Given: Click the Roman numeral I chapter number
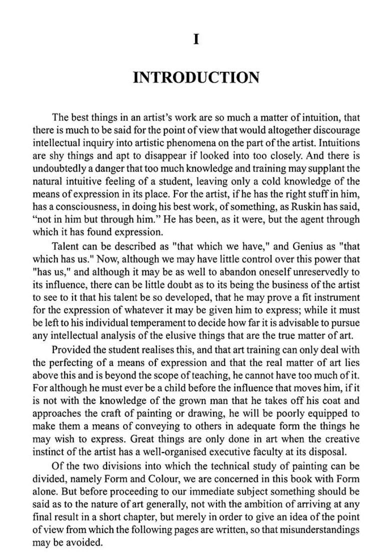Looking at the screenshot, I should click(196, 39).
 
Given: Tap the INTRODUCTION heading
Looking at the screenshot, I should click(196, 78).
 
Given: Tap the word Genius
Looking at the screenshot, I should click(279, 246).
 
